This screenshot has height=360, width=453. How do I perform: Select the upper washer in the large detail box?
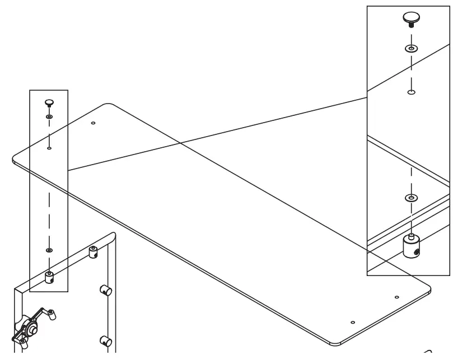[411, 49]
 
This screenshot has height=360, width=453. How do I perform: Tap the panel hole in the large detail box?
[411, 92]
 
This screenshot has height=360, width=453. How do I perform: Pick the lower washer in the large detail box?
[411, 198]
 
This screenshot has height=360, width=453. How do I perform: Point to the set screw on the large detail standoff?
[417, 253]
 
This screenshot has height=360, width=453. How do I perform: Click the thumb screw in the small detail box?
[49, 102]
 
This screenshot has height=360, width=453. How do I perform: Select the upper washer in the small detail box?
[49, 117]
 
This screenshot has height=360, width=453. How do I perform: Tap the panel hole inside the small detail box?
[49, 148]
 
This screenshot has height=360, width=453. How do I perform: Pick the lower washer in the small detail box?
[49, 250]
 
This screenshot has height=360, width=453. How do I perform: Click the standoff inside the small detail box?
[49, 277]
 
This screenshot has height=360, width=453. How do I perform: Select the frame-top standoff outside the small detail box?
[94, 253]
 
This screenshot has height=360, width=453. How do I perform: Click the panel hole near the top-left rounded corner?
[93, 123]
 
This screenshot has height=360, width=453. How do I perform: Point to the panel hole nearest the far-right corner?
[396, 297]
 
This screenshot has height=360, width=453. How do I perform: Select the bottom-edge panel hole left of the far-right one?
[352, 322]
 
